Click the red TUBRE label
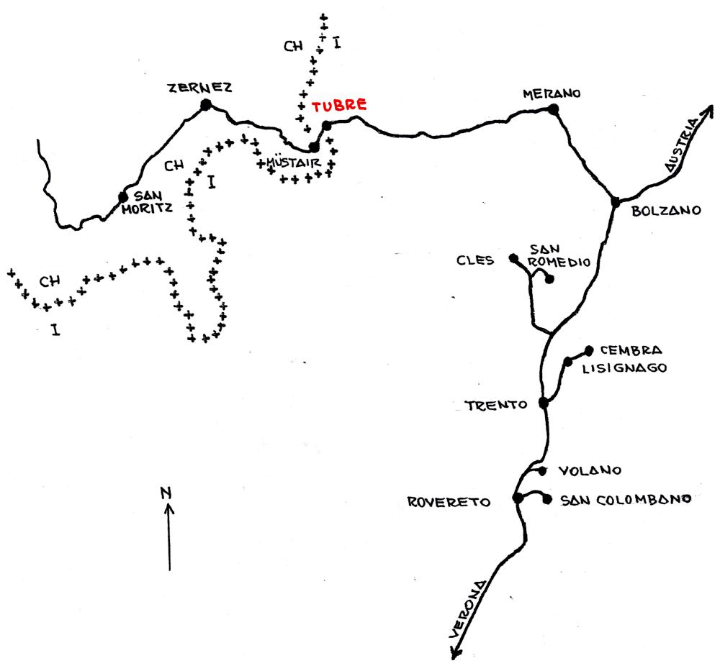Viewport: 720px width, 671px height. (339, 106)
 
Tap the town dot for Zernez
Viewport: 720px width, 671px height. (206, 105)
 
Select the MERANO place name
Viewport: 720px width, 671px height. (552, 93)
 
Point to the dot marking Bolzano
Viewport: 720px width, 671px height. (616, 201)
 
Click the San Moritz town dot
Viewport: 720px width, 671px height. (122, 197)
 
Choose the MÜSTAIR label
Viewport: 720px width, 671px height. (294, 163)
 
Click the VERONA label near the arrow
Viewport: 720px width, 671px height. (467, 610)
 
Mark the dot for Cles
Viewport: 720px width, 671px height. (513, 258)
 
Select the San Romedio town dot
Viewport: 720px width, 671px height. (549, 279)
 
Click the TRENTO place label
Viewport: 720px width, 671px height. (496, 406)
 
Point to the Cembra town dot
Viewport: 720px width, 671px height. (589, 351)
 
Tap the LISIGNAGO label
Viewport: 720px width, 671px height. (624, 368)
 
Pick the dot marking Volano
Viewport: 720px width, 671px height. (543, 470)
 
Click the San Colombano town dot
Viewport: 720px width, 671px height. (547, 499)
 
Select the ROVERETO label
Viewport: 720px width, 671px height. (449, 502)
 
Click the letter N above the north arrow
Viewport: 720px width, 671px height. (166, 493)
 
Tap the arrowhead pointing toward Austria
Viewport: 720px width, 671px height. (708, 110)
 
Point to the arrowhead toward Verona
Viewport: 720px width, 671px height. (456, 653)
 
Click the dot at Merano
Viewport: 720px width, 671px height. (553, 109)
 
